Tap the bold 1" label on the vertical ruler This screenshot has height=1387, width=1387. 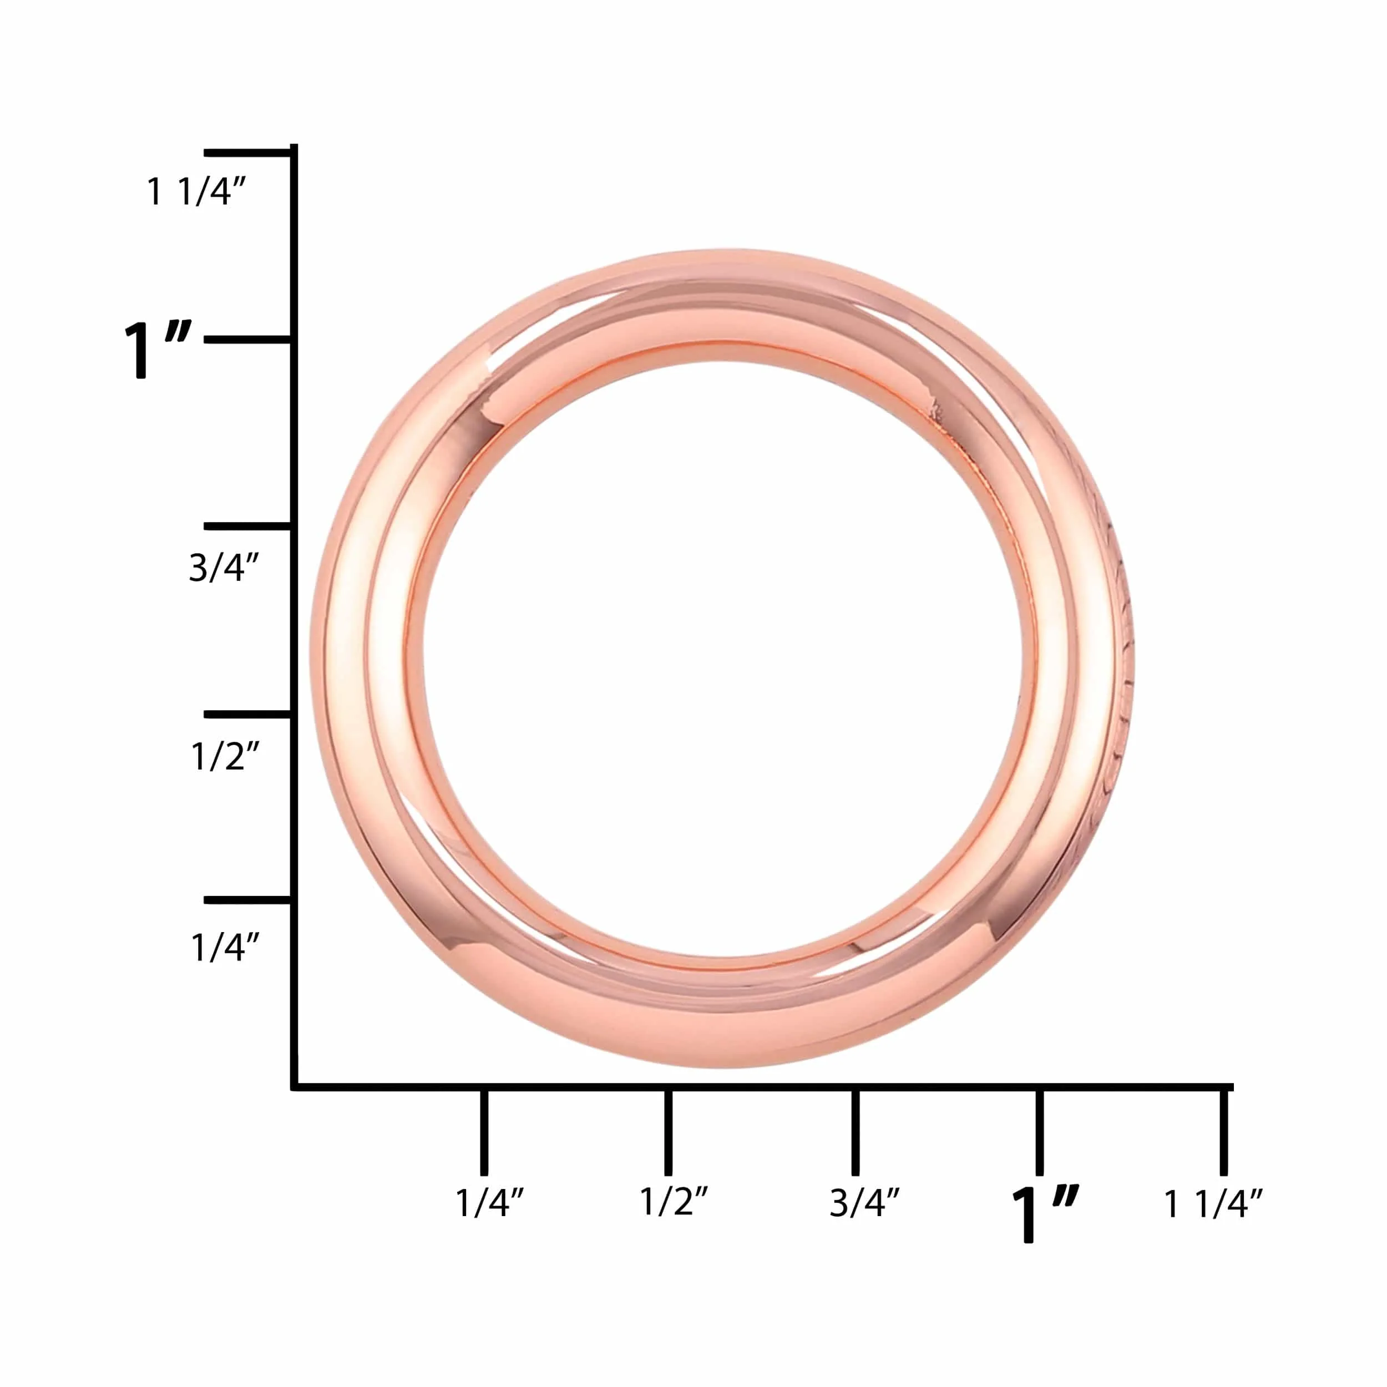tap(157, 350)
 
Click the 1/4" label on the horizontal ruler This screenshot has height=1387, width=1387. tap(490, 1202)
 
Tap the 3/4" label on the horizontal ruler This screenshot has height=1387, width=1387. tap(864, 1202)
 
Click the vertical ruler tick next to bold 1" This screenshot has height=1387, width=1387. tap(247, 340)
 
